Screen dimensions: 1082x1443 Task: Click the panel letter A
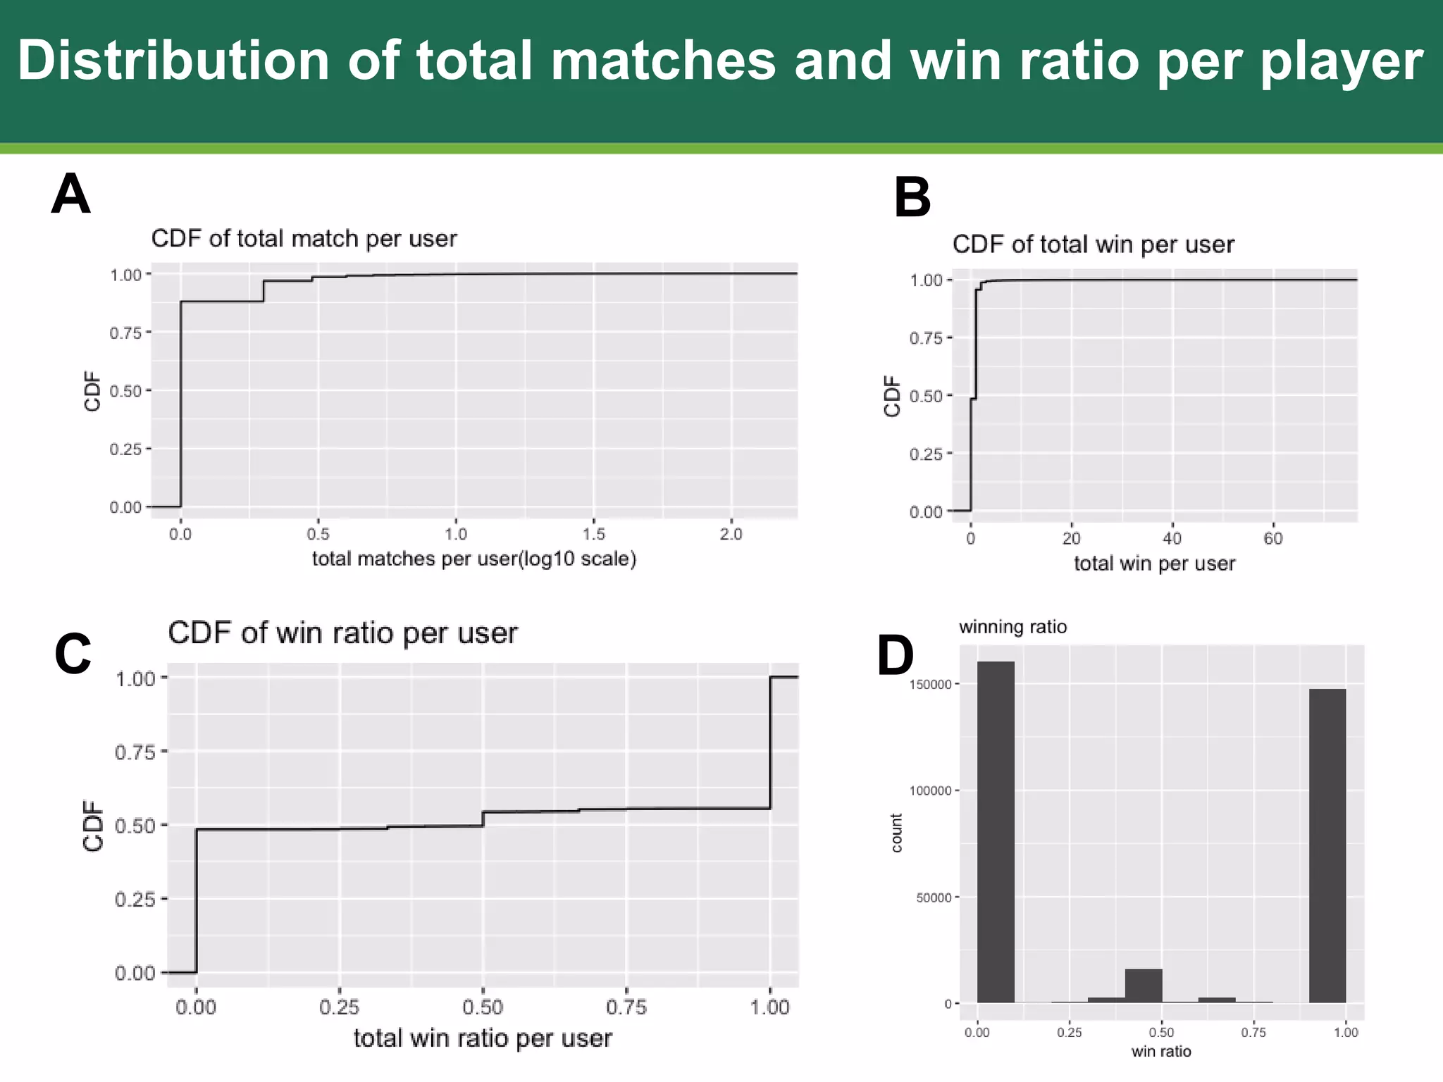[70, 195]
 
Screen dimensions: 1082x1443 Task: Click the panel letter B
[912, 198]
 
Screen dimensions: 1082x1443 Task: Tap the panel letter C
[73, 654]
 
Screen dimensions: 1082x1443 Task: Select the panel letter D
[895, 656]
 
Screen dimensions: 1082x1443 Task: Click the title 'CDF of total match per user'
[304, 239]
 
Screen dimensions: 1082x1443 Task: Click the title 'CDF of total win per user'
[1093, 244]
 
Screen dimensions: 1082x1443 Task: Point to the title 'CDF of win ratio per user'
[342, 633]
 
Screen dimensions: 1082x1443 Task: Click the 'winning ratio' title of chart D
[1012, 627]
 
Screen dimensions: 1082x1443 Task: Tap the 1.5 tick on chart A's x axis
[593, 534]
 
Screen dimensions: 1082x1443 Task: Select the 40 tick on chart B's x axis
[1172, 539]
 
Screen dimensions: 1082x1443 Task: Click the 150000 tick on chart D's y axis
[930, 684]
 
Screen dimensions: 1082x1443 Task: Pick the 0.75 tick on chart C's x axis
[626, 1007]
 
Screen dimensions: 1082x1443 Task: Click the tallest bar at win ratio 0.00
[996, 831]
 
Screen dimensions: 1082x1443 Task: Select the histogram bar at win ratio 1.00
[1327, 845]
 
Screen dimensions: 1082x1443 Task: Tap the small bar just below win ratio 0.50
[1143, 986]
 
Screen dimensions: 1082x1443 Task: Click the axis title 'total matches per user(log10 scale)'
[474, 559]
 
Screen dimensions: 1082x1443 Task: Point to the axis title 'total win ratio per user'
[483, 1038]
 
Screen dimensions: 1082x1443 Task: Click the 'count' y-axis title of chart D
[896, 833]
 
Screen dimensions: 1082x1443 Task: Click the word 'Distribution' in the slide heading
[173, 61]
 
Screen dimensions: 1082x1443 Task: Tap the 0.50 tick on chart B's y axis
[926, 396]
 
